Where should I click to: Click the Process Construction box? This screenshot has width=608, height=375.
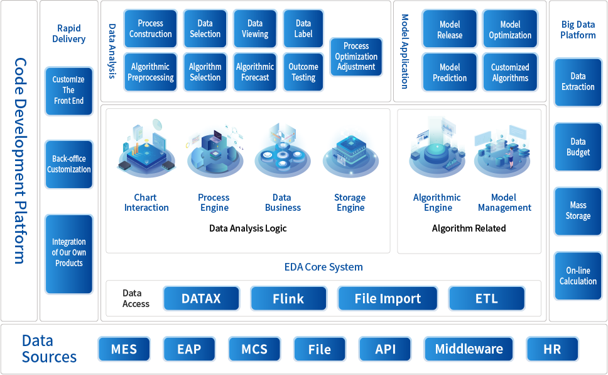point(151,29)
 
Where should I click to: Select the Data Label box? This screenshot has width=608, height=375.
point(303,29)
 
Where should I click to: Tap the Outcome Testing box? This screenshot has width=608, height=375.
point(303,72)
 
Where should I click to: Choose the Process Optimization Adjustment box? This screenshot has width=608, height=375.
point(356,57)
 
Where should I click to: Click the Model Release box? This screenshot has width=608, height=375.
point(450,30)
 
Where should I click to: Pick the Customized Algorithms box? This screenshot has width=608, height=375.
point(510,72)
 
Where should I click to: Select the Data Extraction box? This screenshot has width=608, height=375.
point(578,81)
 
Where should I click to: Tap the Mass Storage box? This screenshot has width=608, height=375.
point(578,210)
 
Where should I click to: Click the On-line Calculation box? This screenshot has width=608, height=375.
point(578,276)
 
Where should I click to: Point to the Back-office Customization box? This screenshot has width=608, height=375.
point(69,164)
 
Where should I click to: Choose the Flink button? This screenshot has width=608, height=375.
point(288,299)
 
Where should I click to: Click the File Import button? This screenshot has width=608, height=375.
point(388,299)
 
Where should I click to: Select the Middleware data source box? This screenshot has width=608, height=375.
point(469,349)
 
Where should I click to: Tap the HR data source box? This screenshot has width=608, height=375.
point(552,349)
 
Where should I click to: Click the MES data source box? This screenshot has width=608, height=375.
point(124,349)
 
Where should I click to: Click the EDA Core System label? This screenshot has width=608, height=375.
point(323,267)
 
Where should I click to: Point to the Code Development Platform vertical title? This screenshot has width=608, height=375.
point(20,160)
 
